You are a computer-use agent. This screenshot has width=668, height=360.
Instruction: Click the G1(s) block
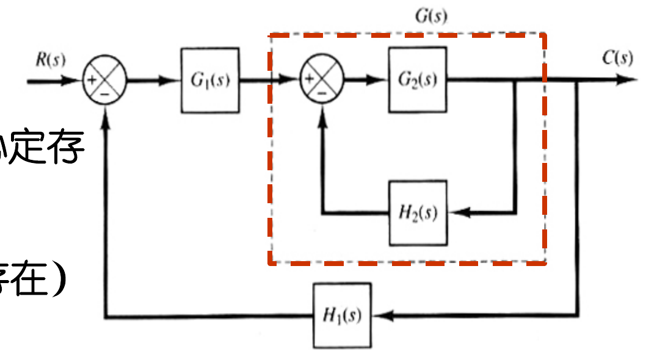pyautogui.click(x=209, y=80)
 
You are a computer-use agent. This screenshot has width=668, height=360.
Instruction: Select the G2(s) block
pyautogui.click(x=418, y=79)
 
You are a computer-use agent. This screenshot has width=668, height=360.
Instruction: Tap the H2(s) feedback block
pyautogui.click(x=418, y=213)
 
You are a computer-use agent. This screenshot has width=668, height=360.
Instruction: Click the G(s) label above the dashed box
pyautogui.click(x=430, y=16)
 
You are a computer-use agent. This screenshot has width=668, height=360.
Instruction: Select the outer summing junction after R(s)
pyautogui.click(x=104, y=80)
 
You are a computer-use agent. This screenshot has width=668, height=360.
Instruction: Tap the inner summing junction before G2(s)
pyautogui.click(x=322, y=80)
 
